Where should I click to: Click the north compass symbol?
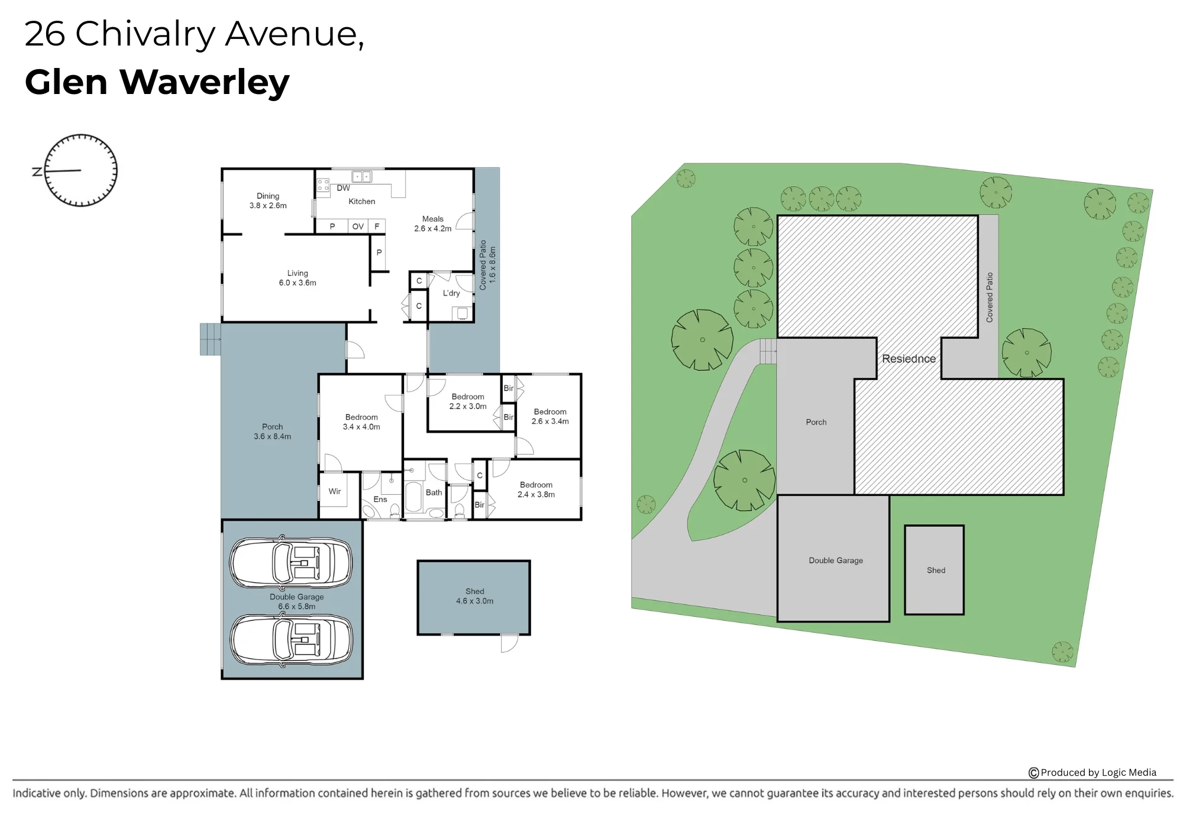point(80,170)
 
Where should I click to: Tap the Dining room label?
point(268,200)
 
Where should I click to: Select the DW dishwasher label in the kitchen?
point(343,188)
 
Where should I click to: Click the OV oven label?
point(358,226)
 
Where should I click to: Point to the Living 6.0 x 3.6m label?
point(298,278)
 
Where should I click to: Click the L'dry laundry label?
point(451,293)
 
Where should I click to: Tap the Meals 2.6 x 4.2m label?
point(433,223)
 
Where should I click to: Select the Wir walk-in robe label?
point(335,491)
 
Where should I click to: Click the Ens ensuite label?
point(380,499)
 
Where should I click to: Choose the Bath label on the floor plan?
point(434,492)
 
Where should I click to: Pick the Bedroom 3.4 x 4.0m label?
point(361,422)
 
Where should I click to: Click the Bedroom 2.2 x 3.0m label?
point(468,401)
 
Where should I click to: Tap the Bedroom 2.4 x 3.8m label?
point(536,490)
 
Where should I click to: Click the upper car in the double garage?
point(291,562)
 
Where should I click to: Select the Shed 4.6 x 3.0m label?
point(474,596)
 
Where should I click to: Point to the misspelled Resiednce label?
point(909,359)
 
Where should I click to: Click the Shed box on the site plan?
point(935,570)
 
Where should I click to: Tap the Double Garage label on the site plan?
point(836,560)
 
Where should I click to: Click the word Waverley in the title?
point(205,82)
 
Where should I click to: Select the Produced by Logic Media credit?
point(1093,772)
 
